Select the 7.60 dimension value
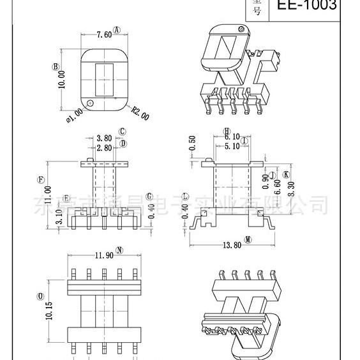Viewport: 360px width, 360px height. click(103, 35)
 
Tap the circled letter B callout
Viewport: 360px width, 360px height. click(56, 66)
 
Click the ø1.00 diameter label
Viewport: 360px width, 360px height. click(73, 112)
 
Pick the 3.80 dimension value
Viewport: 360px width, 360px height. click(104, 138)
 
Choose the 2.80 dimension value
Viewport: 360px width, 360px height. click(104, 147)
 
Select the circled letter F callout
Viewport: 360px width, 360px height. click(40, 180)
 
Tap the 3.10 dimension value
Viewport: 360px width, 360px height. click(59, 217)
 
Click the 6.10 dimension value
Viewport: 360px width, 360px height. click(232, 137)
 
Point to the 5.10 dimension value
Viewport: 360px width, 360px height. click(232, 146)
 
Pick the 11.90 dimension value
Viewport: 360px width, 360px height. click(104, 255)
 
